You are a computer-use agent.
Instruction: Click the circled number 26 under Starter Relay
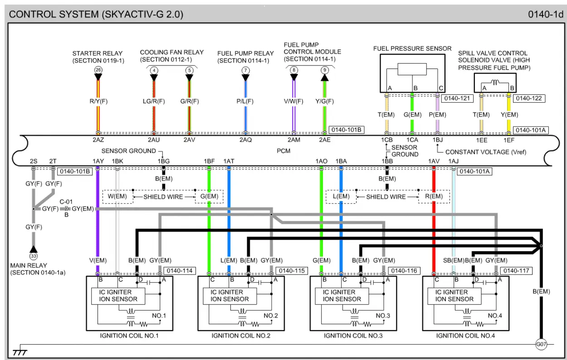(98, 70)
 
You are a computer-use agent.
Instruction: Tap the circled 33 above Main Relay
(33, 256)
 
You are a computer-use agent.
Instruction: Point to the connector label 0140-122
(529, 98)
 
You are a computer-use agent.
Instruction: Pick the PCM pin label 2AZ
(98, 140)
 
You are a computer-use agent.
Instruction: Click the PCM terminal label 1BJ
(437, 140)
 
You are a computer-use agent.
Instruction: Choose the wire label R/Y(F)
(98, 101)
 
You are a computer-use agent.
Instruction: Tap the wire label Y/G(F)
(324, 101)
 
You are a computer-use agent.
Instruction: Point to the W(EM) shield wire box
(117, 197)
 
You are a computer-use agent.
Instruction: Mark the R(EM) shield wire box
(434, 197)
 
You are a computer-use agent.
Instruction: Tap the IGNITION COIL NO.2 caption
(241, 336)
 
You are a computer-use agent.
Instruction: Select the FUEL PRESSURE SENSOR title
(412, 49)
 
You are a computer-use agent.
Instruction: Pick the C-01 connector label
(66, 202)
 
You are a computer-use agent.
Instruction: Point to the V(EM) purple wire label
(98, 261)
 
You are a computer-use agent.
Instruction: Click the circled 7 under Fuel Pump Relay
(245, 70)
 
